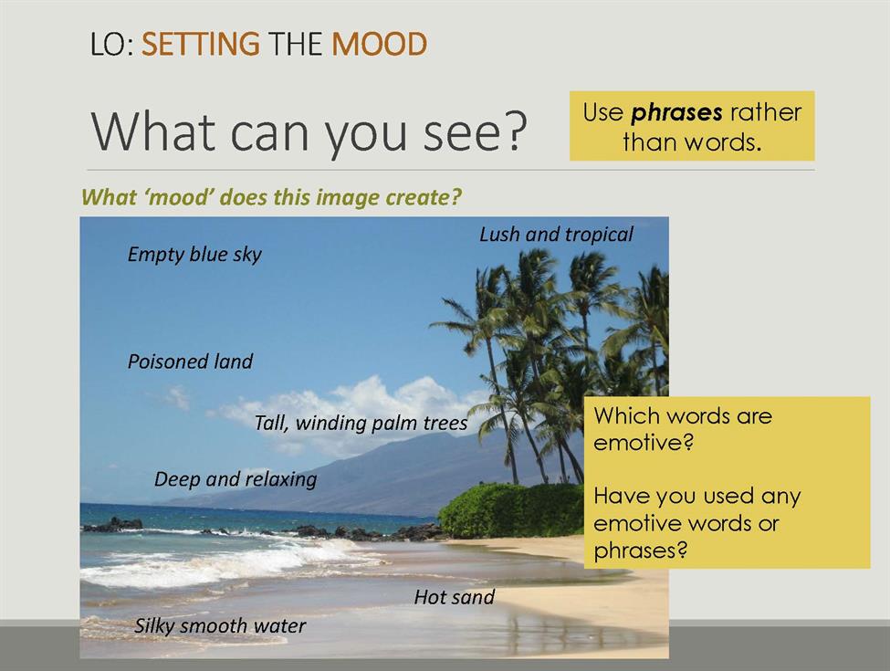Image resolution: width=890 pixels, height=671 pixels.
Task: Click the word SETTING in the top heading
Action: click(200, 45)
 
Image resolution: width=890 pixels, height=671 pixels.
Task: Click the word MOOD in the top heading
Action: click(379, 45)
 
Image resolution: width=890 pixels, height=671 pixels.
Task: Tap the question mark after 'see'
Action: click(515, 131)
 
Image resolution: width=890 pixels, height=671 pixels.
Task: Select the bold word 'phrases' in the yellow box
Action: click(676, 113)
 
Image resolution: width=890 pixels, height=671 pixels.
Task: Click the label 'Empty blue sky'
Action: click(194, 255)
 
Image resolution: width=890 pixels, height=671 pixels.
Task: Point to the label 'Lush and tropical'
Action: click(556, 235)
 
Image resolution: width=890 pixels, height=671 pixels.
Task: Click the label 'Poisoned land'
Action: click(190, 362)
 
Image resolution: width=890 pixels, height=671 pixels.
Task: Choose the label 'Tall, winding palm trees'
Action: click(361, 423)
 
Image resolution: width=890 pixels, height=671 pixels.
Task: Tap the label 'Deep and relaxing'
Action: click(236, 479)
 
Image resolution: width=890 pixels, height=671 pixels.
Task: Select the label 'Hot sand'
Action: click(454, 597)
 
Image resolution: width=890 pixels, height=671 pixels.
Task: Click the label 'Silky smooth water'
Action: click(220, 625)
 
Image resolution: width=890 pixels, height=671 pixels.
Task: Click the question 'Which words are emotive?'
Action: click(683, 428)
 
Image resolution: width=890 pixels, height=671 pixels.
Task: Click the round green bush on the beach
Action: click(511, 510)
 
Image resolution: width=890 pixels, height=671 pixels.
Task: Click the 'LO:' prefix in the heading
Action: click(111, 45)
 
